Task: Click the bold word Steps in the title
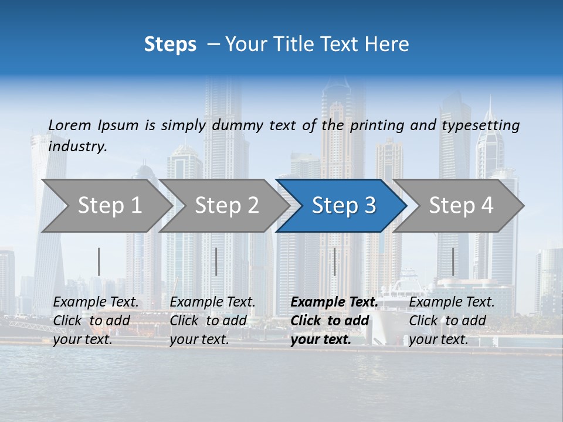[x=170, y=45]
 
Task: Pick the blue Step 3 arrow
[x=344, y=205]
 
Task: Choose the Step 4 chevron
[x=461, y=205]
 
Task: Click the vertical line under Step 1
[x=99, y=261]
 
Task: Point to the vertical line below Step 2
[x=216, y=261]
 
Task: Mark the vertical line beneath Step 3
[x=335, y=261]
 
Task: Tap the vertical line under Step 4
[x=453, y=261]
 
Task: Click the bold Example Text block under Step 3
[x=333, y=321]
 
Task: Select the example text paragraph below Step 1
[x=96, y=321]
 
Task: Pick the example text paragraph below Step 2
[x=212, y=321]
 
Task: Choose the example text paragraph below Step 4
[x=452, y=321]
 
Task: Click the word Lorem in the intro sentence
[x=70, y=125]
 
